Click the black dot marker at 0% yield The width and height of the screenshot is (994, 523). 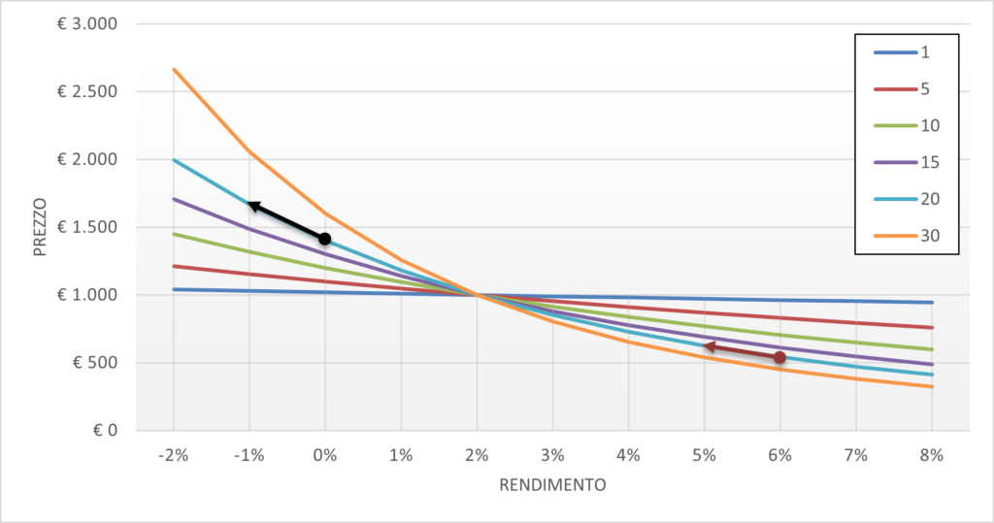324,239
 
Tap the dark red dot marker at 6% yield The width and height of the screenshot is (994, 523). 779,357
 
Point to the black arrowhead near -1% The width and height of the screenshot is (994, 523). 253,206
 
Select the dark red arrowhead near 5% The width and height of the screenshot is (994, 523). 710,346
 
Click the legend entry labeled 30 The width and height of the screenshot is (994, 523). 907,236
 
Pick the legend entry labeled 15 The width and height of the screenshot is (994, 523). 907,162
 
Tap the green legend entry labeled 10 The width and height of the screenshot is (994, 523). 907,125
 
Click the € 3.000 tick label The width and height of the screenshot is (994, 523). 87,24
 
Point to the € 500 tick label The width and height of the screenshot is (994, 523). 95,363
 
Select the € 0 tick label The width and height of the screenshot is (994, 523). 105,431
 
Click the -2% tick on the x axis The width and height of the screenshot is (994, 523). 174,455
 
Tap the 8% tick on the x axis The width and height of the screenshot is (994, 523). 932,455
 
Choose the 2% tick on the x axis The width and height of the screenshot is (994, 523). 477,455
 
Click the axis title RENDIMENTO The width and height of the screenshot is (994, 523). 552,485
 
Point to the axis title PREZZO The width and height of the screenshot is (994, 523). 41,227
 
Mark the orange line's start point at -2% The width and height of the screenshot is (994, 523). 174,69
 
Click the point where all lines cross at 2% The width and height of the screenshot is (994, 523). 477,295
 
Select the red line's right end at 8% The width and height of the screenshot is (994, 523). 932,328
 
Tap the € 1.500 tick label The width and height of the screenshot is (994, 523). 87,227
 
